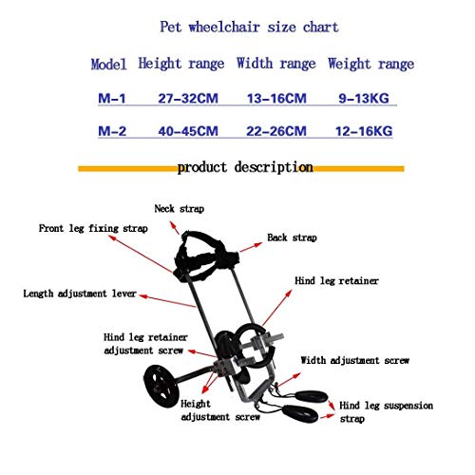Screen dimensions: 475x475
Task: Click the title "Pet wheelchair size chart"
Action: click(249, 27)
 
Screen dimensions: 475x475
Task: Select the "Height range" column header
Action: click(181, 64)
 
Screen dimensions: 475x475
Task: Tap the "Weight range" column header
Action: click(370, 64)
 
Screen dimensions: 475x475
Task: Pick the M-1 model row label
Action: click(112, 98)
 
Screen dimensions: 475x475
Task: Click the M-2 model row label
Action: click(112, 131)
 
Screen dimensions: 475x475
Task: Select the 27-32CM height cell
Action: click(188, 98)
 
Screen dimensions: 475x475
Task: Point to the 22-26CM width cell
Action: click(276, 131)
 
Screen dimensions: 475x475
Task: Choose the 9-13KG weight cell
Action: click(364, 98)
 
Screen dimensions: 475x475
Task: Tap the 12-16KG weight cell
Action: click(364, 131)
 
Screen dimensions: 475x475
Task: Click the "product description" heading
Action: click(245, 167)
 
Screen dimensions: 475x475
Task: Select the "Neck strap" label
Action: click(180, 209)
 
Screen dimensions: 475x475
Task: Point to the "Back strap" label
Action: click(292, 237)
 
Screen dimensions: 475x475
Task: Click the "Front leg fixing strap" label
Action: click(93, 228)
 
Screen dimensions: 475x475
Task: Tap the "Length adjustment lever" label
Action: click(80, 294)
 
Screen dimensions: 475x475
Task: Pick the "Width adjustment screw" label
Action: click(355, 360)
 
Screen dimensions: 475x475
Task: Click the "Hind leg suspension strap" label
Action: click(386, 411)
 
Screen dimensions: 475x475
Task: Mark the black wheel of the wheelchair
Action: click(161, 386)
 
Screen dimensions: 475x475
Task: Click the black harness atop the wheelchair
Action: click(205, 256)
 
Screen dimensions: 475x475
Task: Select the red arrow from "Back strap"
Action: click(251, 247)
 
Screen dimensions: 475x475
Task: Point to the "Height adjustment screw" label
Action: click(220, 410)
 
